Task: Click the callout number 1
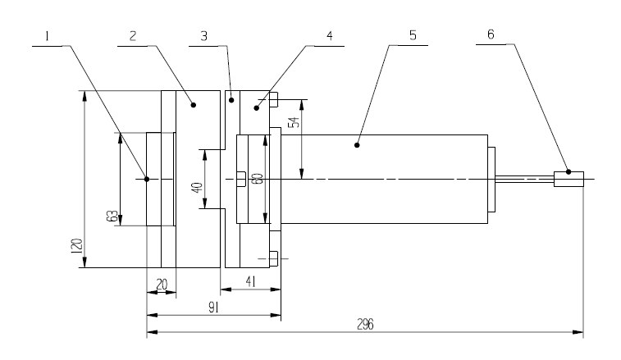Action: pos(47,36)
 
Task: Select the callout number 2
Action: pos(133,36)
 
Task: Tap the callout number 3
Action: pos(203,36)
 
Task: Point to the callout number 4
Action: pos(330,36)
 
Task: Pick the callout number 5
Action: pos(413,35)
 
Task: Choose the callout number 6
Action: pos(491,34)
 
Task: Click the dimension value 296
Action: pos(365,325)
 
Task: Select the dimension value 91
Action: pos(214,308)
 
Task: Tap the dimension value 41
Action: pos(250,281)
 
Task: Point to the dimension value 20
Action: pos(162,285)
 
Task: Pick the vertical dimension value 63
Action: pos(112,216)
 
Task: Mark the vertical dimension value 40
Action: pos(197,187)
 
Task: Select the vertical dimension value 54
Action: pos(294,122)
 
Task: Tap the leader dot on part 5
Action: pos(357,145)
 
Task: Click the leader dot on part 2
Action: pos(194,105)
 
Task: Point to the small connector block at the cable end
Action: pos(568,179)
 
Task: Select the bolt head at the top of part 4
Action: pos(274,99)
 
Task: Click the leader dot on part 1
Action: pos(147,179)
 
